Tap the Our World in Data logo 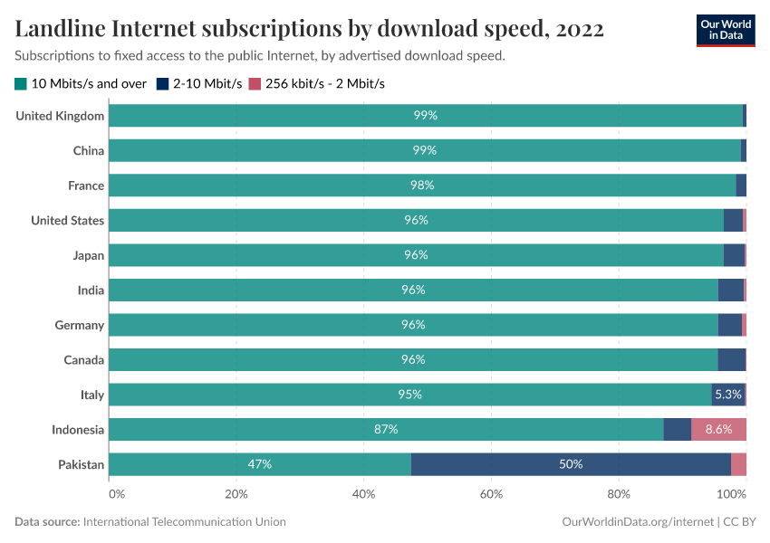click(725, 29)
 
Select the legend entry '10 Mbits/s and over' click(81, 84)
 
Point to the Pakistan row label click(82, 465)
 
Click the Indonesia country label click(78, 430)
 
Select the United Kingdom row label click(61, 116)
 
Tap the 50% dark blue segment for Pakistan click(571, 464)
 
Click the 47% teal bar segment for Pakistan click(260, 464)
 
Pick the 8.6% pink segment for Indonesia click(718, 430)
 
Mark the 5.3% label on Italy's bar click(727, 395)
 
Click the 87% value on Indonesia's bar click(386, 430)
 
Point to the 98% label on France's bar click(422, 186)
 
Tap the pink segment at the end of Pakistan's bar click(738, 464)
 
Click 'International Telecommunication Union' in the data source click(184, 522)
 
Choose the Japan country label click(89, 255)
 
